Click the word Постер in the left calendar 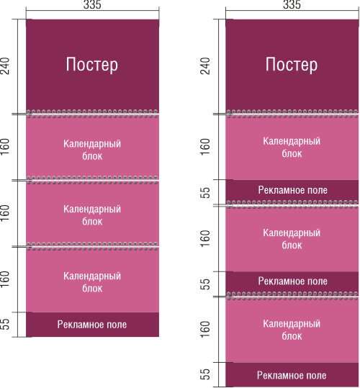[x=91, y=65]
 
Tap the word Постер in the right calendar [x=292, y=65]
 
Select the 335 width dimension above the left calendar [x=92, y=5]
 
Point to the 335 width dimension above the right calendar [x=292, y=5]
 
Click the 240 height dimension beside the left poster [x=5, y=66]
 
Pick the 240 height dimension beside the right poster [x=205, y=66]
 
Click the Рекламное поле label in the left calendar [x=92, y=325]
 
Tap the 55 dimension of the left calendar [x=5, y=324]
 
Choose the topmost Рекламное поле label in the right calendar [x=293, y=190]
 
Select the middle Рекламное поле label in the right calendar [x=293, y=281]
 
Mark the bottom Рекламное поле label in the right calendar [x=292, y=375]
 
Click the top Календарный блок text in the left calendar [x=92, y=150]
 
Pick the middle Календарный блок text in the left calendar [x=92, y=215]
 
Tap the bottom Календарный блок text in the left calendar [x=92, y=282]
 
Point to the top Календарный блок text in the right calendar [x=292, y=148]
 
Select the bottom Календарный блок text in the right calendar [x=292, y=330]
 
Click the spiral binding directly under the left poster [x=92, y=113]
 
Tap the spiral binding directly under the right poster [x=292, y=113]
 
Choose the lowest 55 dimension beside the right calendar [x=205, y=374]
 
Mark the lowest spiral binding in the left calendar [x=92, y=246]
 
